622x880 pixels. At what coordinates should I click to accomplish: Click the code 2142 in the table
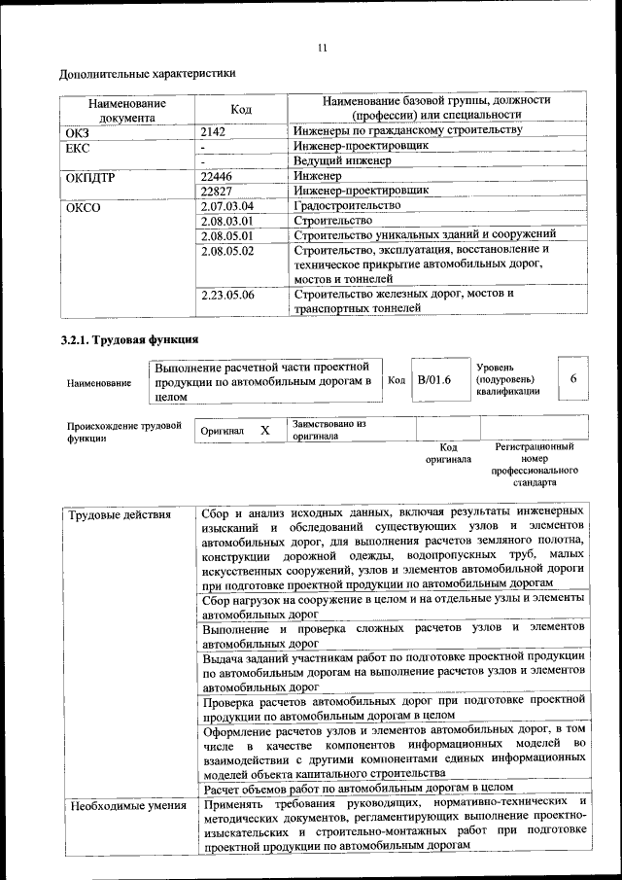click(213, 130)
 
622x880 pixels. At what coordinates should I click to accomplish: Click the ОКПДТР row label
click(90, 176)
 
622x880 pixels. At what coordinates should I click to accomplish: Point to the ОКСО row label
click(83, 206)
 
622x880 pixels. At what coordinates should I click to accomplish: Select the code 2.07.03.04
click(226, 206)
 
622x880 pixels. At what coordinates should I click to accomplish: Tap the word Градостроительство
click(347, 206)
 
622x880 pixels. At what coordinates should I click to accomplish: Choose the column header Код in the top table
click(241, 109)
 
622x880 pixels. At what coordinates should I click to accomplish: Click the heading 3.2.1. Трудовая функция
click(129, 340)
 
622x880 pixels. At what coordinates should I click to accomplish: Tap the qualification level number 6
click(573, 379)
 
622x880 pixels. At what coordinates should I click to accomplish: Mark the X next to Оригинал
click(263, 429)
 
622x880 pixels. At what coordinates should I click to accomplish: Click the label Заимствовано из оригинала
click(328, 430)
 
